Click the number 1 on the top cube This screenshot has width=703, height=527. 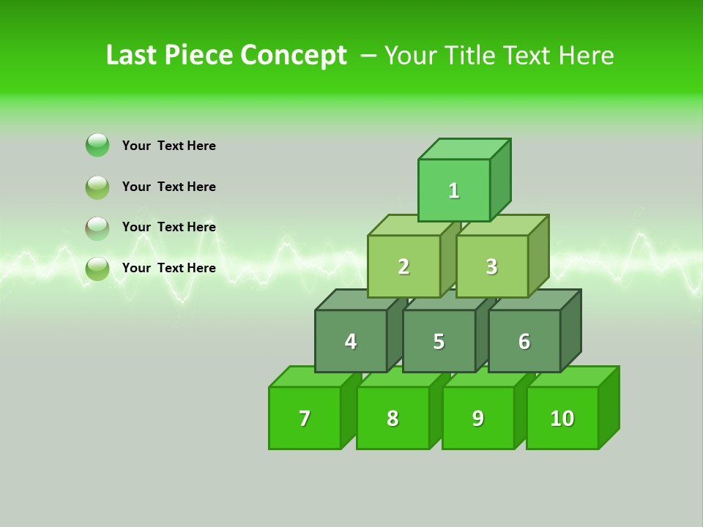[454, 191]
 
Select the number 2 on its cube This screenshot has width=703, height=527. [403, 267]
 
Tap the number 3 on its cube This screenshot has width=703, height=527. [491, 267]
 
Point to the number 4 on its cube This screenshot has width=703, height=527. [351, 342]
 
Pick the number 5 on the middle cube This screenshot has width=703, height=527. [439, 342]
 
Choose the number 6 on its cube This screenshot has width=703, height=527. [524, 342]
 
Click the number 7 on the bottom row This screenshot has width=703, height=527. [305, 419]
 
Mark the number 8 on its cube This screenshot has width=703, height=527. [393, 419]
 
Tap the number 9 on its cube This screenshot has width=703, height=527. [478, 419]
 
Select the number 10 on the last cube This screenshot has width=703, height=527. [562, 419]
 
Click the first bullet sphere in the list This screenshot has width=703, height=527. [97, 145]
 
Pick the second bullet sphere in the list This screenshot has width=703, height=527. [97, 187]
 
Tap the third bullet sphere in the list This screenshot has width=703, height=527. [97, 228]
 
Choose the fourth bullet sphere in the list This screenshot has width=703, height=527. [97, 269]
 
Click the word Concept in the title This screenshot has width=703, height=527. [294, 56]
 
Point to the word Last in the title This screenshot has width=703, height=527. [132, 56]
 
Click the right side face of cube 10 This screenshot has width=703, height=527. [609, 407]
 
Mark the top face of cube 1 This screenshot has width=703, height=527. [464, 149]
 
